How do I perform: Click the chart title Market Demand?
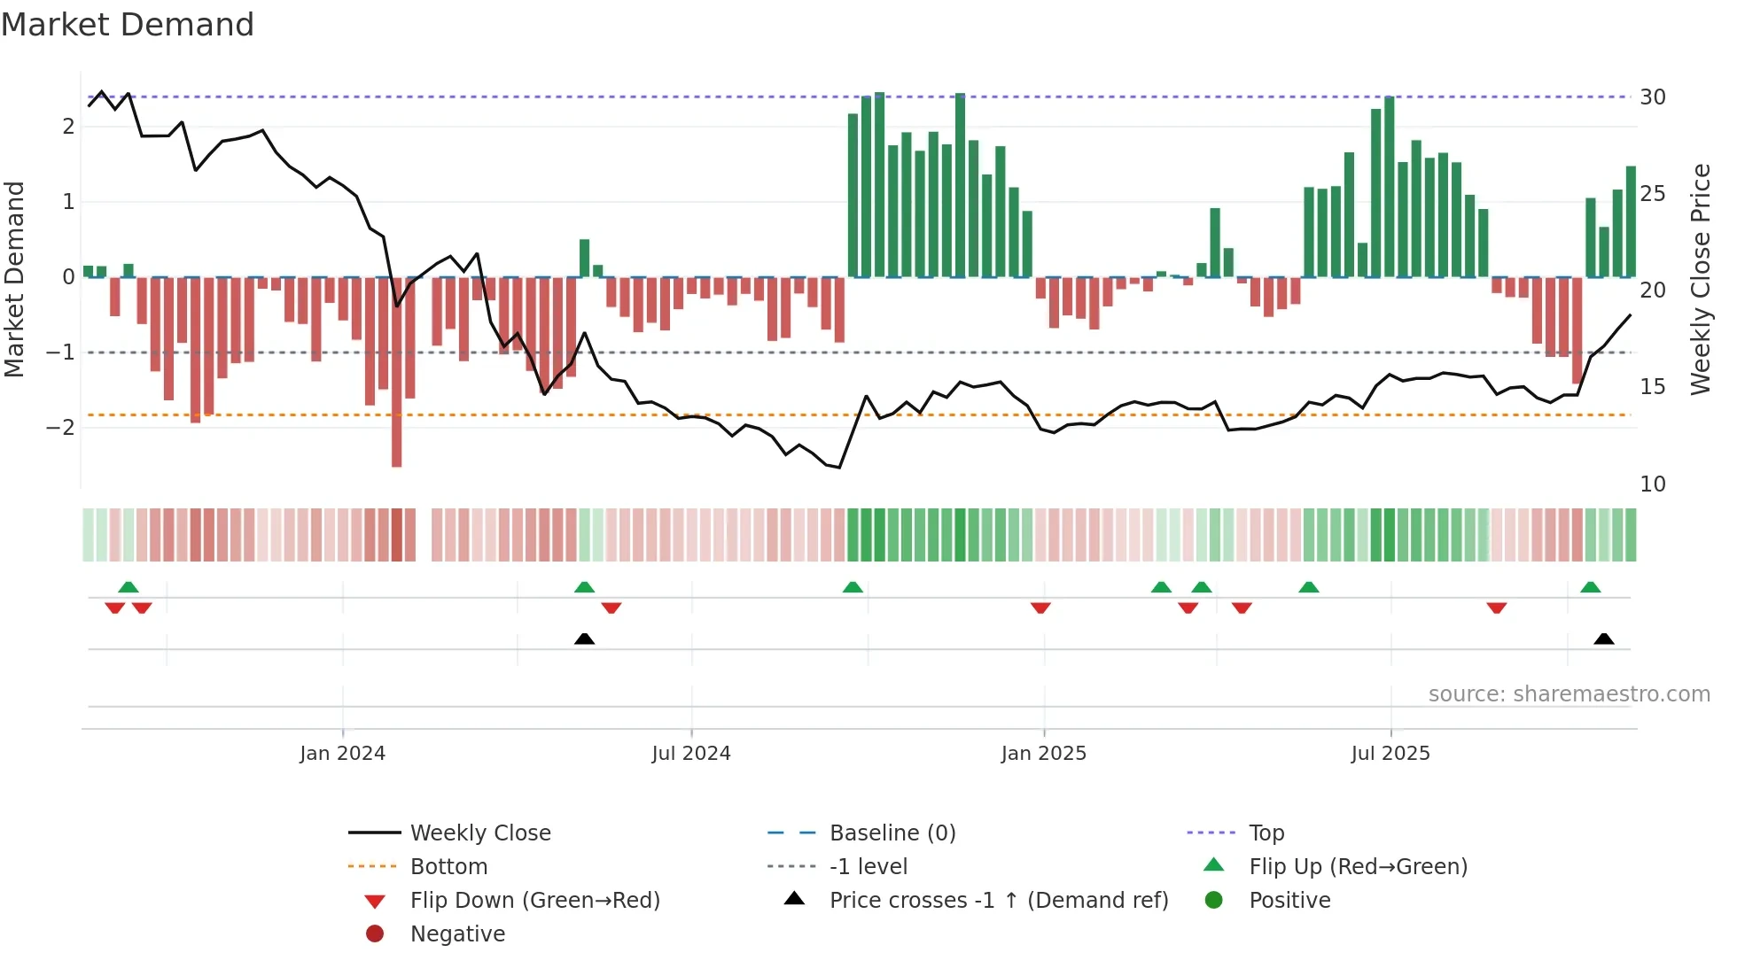point(128,25)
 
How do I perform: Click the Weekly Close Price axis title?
point(1700,279)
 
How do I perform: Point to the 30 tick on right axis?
point(1652,97)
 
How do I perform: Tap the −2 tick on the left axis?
point(61,428)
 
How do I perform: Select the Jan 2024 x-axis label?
point(342,754)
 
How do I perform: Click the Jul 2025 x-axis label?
point(1390,754)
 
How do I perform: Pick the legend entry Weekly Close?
point(479,833)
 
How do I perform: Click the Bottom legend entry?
point(448,867)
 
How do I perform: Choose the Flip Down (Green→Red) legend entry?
point(534,901)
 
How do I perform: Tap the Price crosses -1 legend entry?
point(998,901)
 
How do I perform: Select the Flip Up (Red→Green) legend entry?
point(1358,867)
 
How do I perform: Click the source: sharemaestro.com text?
point(1569,694)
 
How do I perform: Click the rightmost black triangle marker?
point(1603,639)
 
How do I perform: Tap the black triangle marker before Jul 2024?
point(584,639)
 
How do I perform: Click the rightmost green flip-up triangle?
point(1590,587)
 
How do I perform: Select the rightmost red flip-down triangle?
point(1496,608)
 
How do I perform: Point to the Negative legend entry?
point(457,934)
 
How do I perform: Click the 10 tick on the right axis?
point(1652,484)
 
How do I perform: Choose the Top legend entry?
point(1266,833)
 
